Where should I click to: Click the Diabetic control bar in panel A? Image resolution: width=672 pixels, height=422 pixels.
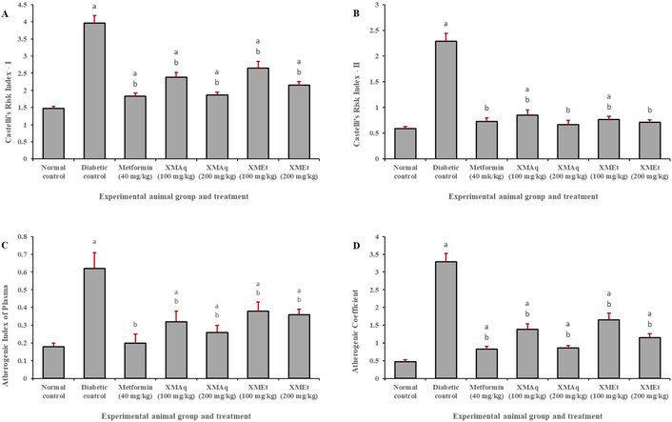(121, 90)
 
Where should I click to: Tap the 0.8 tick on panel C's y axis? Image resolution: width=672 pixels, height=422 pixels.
(32, 235)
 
